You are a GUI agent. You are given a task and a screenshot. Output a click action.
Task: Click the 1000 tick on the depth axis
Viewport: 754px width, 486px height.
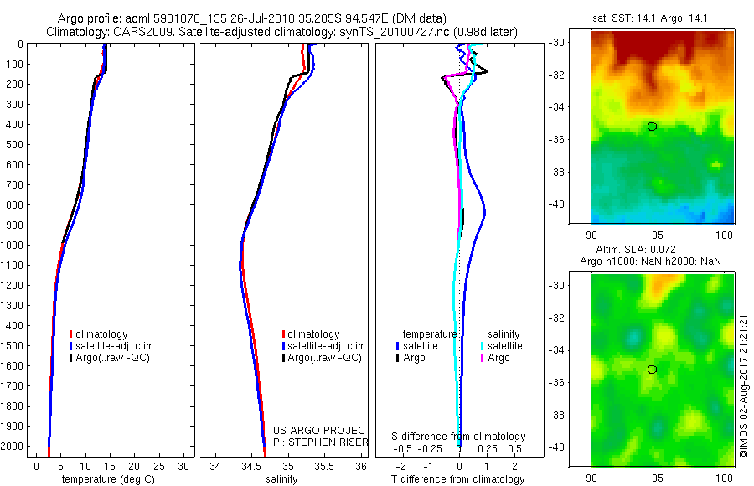coord(13,245)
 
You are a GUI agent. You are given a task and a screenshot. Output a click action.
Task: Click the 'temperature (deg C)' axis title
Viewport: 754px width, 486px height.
coord(105,479)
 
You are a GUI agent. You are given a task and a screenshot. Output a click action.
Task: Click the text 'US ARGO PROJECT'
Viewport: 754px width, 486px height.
coord(322,431)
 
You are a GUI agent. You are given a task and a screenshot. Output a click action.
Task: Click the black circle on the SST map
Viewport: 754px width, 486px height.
coord(652,127)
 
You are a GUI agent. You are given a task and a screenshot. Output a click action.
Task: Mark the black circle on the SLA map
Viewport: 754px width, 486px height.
coord(652,370)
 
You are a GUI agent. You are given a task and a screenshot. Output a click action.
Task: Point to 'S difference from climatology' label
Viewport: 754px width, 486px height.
coord(459,437)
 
